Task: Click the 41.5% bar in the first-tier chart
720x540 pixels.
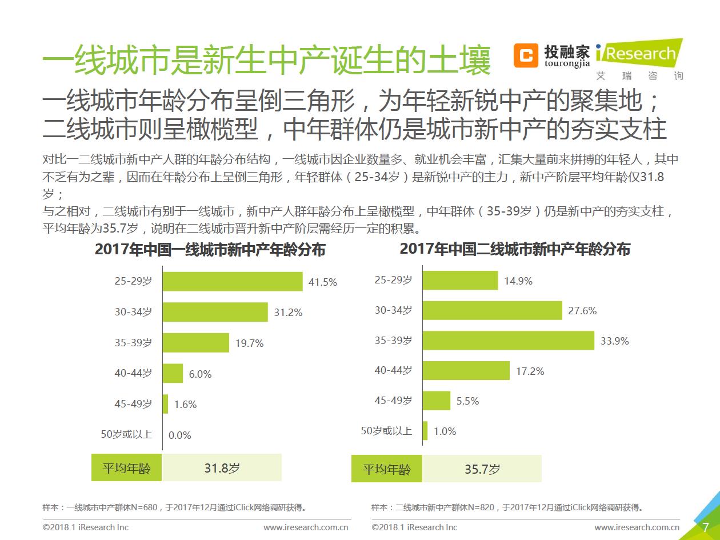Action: coord(232,281)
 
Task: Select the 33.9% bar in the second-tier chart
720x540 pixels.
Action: coord(508,340)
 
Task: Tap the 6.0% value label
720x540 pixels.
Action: coord(200,374)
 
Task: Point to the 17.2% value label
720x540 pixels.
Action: coord(530,371)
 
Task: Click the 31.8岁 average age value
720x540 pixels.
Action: coord(222,468)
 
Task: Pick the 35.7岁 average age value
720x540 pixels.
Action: coord(482,469)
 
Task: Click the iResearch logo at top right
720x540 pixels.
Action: coord(639,55)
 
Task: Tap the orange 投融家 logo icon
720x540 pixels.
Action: coord(525,55)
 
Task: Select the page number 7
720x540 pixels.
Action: coord(705,527)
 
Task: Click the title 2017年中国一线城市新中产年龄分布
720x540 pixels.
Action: coord(210,250)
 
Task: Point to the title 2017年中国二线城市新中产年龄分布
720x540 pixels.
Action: coord(515,249)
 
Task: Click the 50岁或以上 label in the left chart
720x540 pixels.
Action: coord(126,434)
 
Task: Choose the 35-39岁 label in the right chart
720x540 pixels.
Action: coord(393,340)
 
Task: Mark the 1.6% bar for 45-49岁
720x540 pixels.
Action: coord(165,404)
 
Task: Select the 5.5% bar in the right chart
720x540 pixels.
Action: coord(436,401)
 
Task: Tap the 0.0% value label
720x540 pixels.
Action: coord(179,435)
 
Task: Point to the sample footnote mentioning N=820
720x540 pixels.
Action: coord(507,507)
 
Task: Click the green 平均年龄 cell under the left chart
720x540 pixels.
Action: coord(126,468)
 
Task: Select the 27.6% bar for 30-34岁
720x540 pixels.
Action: coord(492,310)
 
